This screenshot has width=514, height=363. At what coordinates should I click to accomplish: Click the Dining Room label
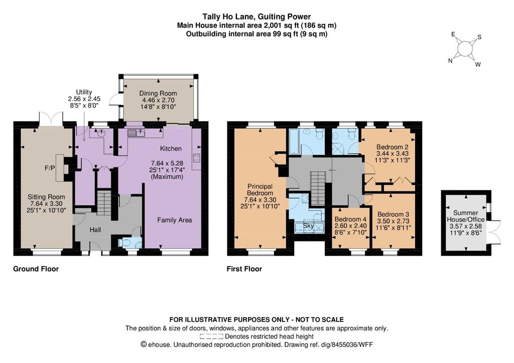click(x=158, y=93)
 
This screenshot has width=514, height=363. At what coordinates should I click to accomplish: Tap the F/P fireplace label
click(x=50, y=168)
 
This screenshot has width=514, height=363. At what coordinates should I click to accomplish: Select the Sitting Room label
click(x=46, y=197)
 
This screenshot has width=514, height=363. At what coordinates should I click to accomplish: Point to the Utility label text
click(x=84, y=92)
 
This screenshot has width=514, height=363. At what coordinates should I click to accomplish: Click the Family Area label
click(x=174, y=220)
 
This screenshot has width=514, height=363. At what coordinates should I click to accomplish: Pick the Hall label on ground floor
click(x=95, y=230)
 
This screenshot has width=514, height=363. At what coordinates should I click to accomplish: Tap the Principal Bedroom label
click(x=260, y=190)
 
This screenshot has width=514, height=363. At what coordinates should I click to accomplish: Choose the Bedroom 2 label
click(x=393, y=147)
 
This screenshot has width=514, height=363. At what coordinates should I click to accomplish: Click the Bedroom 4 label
click(x=350, y=219)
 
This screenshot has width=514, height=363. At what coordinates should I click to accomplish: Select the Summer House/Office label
click(x=466, y=216)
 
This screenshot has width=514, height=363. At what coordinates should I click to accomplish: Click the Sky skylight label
click(x=308, y=226)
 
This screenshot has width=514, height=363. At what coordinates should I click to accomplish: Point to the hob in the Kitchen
click(x=197, y=158)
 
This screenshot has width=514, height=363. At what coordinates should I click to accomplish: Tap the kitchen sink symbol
click(x=137, y=133)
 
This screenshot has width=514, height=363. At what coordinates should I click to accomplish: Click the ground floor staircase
click(x=104, y=204)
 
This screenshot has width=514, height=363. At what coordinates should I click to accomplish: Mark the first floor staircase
click(x=317, y=188)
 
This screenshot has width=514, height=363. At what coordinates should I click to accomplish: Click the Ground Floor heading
click(x=36, y=269)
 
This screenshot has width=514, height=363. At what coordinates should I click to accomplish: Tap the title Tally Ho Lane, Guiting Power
click(x=256, y=17)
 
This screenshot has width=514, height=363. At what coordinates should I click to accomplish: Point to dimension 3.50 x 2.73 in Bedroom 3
click(x=393, y=221)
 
